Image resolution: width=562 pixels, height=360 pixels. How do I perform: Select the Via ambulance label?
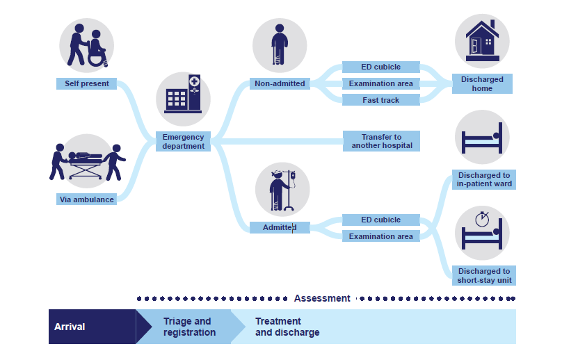pyautogui.click(x=86, y=199)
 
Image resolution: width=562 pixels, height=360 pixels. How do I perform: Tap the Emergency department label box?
pyautogui.click(x=183, y=142)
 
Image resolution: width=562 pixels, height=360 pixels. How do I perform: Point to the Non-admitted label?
pyautogui.click(x=279, y=83)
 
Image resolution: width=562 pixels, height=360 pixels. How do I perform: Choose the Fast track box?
pyautogui.click(x=380, y=100)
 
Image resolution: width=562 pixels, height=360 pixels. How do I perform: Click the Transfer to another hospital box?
pyautogui.click(x=381, y=142)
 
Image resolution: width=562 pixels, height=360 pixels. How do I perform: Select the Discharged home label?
pyautogui.click(x=482, y=84)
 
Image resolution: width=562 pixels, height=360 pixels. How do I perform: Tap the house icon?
pyautogui.click(x=482, y=38)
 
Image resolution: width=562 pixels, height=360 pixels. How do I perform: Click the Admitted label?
pyautogui.click(x=279, y=227)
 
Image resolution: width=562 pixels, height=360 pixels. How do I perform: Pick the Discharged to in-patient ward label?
pyautogui.click(x=484, y=180)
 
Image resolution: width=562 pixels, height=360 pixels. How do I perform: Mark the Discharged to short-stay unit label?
pyautogui.click(x=484, y=276)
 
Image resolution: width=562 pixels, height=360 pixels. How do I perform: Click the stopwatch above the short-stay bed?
pyautogui.click(x=483, y=219)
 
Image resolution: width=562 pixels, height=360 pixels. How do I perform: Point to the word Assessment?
pyautogui.click(x=322, y=298)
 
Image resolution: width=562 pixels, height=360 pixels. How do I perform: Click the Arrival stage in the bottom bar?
pyautogui.click(x=90, y=327)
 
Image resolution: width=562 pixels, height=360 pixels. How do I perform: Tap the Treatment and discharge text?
pyautogui.click(x=287, y=327)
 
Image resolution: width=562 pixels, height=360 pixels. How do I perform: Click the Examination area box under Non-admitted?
pyautogui.click(x=380, y=83)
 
